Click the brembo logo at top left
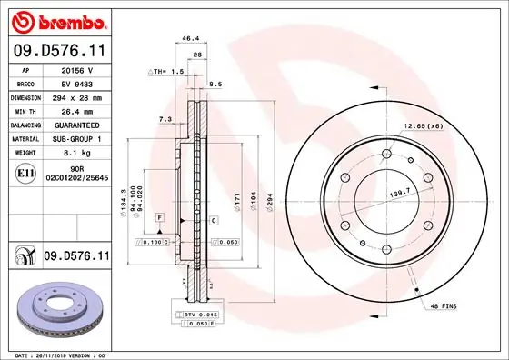pyautogui.click(x=56, y=19)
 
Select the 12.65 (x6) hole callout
pyautogui.click(x=424, y=125)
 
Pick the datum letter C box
pyautogui.click(x=214, y=221)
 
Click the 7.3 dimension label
pyautogui.click(x=164, y=119)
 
